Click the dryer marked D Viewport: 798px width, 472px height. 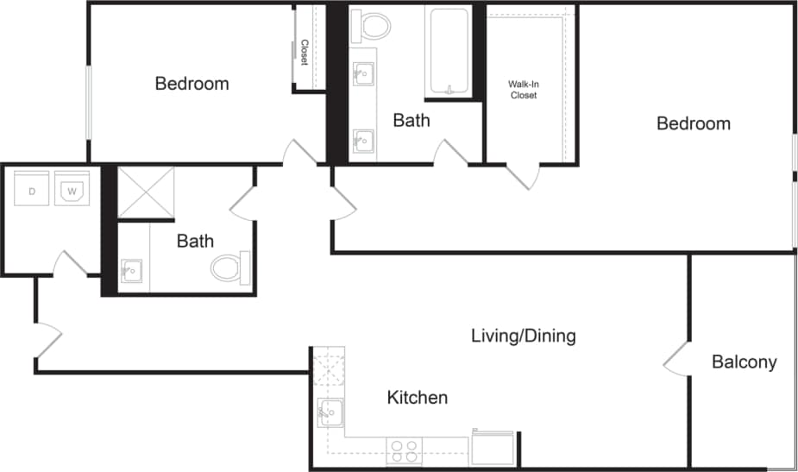(x=32, y=190)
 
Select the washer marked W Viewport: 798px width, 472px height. (x=72, y=190)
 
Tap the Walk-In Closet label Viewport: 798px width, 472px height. (x=523, y=90)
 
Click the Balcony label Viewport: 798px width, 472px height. (x=744, y=362)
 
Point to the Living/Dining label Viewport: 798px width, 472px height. (x=523, y=336)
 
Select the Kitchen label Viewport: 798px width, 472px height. (x=417, y=398)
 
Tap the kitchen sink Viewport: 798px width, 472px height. (x=330, y=413)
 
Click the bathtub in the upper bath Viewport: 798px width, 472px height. (x=449, y=52)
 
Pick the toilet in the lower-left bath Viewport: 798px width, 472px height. (x=229, y=267)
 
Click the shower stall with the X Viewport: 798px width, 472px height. (x=146, y=192)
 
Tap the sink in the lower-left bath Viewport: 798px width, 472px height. (x=132, y=273)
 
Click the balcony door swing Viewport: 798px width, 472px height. (x=675, y=359)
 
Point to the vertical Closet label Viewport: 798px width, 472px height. (x=304, y=53)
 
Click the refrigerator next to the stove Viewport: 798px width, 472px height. (x=493, y=448)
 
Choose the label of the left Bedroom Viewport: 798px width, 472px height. (x=192, y=84)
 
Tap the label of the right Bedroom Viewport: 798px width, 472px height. (x=693, y=123)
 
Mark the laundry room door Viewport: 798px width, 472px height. (x=69, y=264)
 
